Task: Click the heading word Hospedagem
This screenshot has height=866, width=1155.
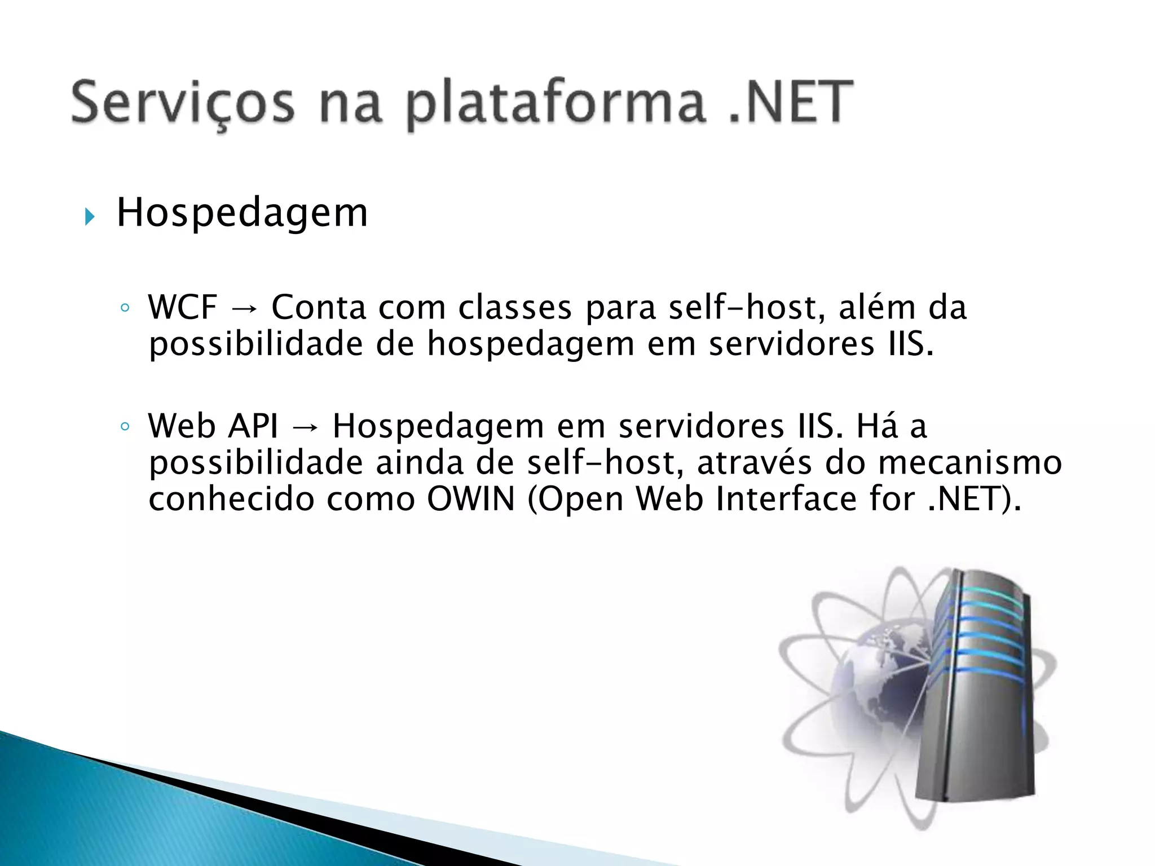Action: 242,213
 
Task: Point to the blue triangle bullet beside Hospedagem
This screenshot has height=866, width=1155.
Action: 90,216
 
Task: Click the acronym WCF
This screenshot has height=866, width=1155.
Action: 182,308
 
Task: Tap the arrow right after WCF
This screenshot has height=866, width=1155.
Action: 244,309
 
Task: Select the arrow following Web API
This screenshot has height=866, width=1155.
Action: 305,427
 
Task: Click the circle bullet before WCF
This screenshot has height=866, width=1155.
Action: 125,308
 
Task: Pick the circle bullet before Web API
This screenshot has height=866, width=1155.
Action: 125,426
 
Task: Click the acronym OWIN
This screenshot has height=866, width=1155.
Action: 471,499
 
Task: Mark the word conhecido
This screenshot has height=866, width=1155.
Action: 231,499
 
